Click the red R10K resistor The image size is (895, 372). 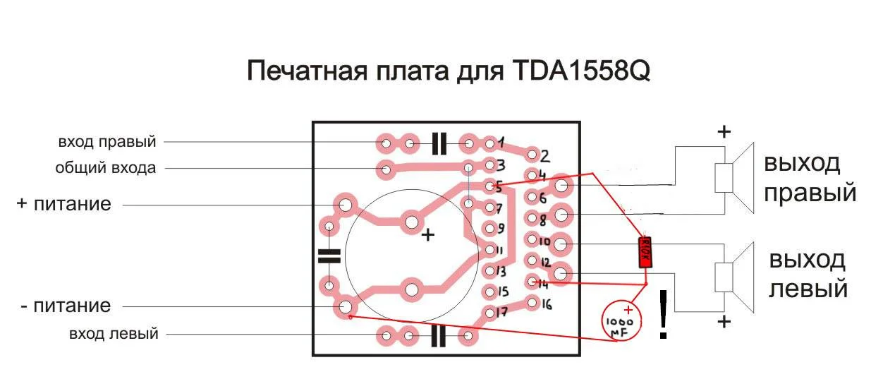(x=645, y=252)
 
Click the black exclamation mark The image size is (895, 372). (x=663, y=314)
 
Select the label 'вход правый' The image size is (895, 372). (x=107, y=142)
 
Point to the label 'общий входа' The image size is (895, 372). (x=106, y=168)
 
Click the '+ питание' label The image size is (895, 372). (x=64, y=204)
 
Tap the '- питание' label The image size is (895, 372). (x=66, y=306)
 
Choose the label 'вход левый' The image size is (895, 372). (x=114, y=334)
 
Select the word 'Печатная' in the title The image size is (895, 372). (x=307, y=71)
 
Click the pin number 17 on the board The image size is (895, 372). (x=501, y=311)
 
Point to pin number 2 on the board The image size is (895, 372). (x=544, y=156)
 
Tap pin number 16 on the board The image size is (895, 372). (x=547, y=305)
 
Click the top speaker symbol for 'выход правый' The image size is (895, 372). (x=734, y=178)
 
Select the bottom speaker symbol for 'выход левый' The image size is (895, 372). (x=734, y=277)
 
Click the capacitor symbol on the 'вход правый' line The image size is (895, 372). (x=439, y=143)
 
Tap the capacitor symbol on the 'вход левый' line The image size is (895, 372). (x=438, y=335)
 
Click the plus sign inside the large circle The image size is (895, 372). (x=428, y=235)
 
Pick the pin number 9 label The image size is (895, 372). (x=501, y=229)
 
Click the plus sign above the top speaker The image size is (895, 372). (x=724, y=131)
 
